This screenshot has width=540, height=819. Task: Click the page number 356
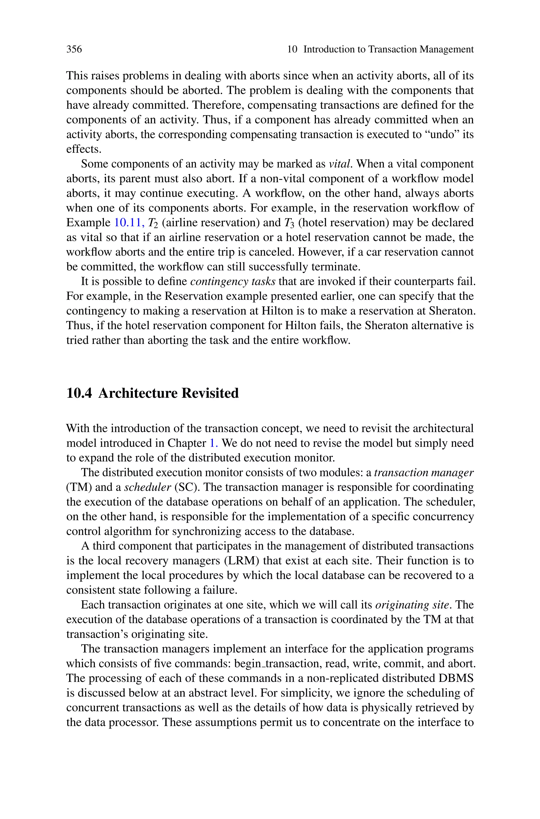tap(74, 49)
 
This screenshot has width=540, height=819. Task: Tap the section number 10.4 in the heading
tap(79, 393)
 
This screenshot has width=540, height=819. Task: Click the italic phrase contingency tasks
tap(233, 282)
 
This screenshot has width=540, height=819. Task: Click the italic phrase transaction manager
tap(424, 472)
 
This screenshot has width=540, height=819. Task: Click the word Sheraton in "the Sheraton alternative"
tap(387, 326)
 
